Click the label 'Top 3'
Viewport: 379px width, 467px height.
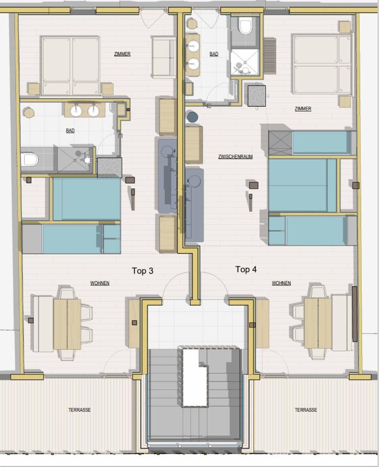tap(143, 271)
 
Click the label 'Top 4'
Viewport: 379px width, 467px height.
tap(246, 269)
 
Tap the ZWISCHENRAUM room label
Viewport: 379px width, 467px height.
tap(235, 156)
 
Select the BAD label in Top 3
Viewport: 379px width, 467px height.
tap(70, 130)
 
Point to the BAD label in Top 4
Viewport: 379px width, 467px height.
tap(214, 54)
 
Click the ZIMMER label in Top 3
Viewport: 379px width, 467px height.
tap(122, 54)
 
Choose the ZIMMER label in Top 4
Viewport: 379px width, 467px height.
tap(303, 109)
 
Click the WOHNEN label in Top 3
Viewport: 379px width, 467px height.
tap(100, 283)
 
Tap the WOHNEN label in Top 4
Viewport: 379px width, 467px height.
tap(281, 283)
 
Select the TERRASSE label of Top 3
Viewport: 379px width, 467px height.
tap(79, 410)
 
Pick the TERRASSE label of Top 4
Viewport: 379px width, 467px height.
tap(306, 410)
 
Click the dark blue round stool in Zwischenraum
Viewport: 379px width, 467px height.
tap(192, 117)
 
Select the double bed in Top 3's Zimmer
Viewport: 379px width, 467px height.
tap(71, 66)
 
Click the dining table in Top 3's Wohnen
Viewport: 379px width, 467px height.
tap(67, 324)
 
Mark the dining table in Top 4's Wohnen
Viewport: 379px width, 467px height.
tap(318, 323)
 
